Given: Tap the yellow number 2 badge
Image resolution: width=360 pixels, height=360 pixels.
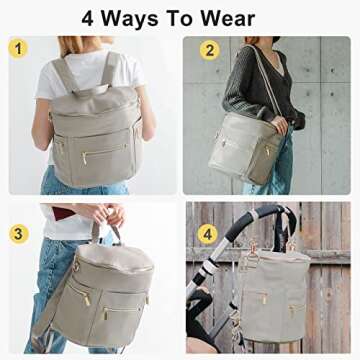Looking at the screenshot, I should [x=210, y=49].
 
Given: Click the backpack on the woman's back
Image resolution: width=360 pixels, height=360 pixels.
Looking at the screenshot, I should [x=91, y=130].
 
